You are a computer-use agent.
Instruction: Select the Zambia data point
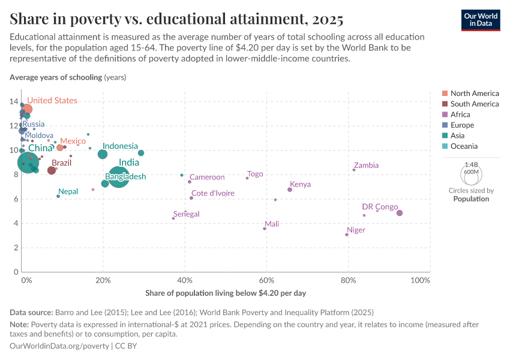(x=354, y=170)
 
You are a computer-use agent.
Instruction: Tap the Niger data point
(x=347, y=235)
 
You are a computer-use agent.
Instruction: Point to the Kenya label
(x=300, y=184)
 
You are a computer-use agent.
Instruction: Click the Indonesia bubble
(x=103, y=154)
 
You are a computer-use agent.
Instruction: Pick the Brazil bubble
(x=52, y=170)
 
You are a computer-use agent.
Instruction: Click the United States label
(x=52, y=100)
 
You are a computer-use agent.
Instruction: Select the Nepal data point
(x=58, y=196)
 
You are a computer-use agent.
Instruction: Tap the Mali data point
(x=265, y=229)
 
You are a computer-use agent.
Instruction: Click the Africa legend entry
(x=460, y=115)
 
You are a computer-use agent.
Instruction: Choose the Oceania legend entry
(x=464, y=146)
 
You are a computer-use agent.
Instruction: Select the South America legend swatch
(x=444, y=104)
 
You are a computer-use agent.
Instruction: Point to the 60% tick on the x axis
(x=266, y=281)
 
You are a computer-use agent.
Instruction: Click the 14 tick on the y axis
(x=14, y=101)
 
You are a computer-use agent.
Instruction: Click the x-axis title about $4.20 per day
(x=226, y=293)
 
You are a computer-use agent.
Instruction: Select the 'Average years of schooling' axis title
(x=56, y=77)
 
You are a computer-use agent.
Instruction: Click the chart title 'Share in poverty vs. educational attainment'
(x=176, y=19)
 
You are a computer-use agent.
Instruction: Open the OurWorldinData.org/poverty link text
(x=59, y=346)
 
